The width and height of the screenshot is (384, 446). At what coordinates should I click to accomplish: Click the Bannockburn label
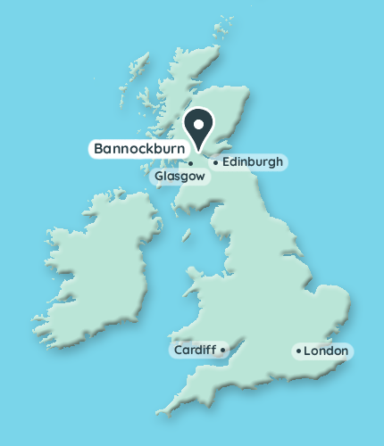[x=138, y=149]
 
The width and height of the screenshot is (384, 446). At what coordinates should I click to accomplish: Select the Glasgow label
[x=179, y=177]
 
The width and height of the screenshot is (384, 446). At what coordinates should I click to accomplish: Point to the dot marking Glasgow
[x=191, y=163]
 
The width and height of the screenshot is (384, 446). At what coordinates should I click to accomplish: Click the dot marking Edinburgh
[x=215, y=163]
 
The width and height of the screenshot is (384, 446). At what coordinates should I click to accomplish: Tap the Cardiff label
[x=194, y=351]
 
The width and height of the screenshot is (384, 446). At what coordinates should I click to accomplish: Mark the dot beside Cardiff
[x=222, y=351]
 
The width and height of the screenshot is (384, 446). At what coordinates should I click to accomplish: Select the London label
[x=326, y=351]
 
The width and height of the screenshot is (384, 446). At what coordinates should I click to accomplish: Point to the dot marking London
[x=298, y=351]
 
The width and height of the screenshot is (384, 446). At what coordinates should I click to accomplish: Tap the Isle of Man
[x=188, y=235]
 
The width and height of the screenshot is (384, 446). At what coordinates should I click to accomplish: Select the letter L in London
[x=307, y=351]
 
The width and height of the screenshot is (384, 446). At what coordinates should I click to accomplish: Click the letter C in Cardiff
[x=179, y=351]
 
